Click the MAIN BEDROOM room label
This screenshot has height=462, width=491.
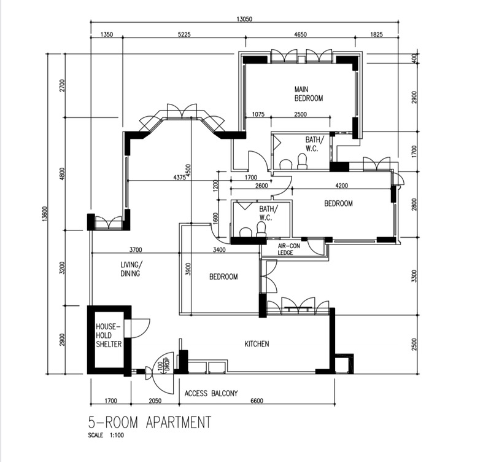tap(309, 94)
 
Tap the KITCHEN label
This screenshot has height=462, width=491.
tap(257, 344)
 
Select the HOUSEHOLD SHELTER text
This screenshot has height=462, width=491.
tap(109, 335)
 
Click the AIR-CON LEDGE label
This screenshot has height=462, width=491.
tap(288, 249)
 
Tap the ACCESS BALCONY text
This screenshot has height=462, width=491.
tap(211, 393)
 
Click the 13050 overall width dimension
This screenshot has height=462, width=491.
tap(244, 19)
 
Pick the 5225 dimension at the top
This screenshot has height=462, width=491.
tap(184, 34)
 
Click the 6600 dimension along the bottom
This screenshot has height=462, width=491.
tap(257, 401)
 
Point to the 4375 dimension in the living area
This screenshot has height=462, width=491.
tap(179, 178)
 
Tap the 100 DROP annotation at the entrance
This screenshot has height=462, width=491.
tap(163, 365)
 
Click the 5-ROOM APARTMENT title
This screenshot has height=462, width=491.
tap(150, 422)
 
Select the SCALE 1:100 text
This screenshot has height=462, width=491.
tap(106, 435)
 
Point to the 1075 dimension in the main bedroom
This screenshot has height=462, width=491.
tap(258, 114)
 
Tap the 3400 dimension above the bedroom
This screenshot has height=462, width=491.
tap(219, 250)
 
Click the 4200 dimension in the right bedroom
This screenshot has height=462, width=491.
tap(341, 186)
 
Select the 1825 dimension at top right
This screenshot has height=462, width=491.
tap(376, 34)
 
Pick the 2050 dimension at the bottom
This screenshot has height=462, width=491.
tap(155, 401)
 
